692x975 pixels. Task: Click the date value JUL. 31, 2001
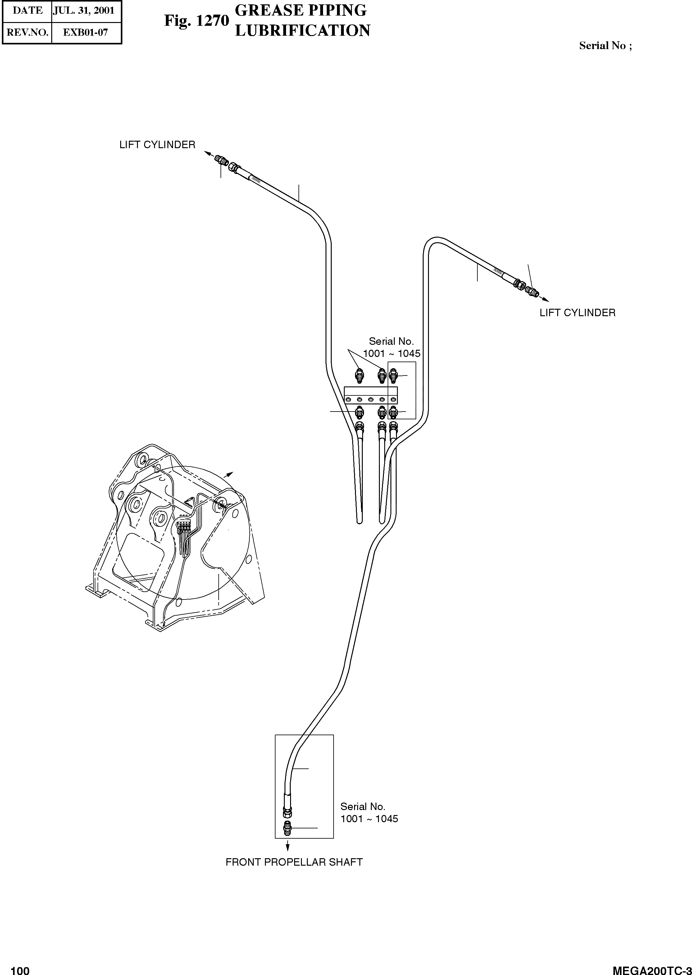coord(84,11)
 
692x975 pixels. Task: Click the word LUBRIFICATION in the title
coord(303,31)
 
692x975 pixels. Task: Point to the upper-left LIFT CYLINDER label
coord(157,145)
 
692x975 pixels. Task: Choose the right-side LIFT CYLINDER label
coord(577,313)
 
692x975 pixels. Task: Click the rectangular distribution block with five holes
coord(370,395)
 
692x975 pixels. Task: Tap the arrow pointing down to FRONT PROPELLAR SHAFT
coord(288,845)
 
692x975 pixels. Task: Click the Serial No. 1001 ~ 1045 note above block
coord(391,347)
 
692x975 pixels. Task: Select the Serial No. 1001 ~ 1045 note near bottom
coord(369,812)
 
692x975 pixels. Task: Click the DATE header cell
coord(28,11)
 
